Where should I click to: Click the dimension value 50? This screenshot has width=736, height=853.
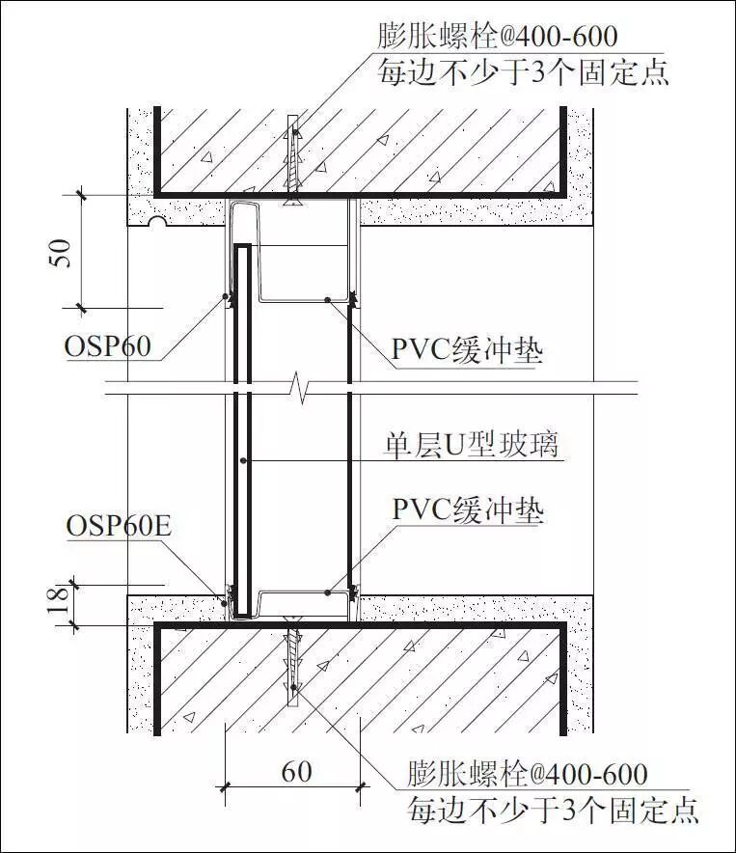point(60,252)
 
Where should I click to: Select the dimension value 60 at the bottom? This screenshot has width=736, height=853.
point(295,771)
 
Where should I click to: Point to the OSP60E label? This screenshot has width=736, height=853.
point(119,526)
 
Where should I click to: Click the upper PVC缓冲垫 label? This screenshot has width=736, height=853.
point(467,349)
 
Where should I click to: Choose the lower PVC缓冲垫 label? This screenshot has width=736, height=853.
point(467,509)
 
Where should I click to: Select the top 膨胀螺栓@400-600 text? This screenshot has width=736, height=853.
point(497,38)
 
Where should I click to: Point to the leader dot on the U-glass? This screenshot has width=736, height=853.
point(245,460)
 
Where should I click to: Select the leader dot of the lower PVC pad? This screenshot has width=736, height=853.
point(328,590)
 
